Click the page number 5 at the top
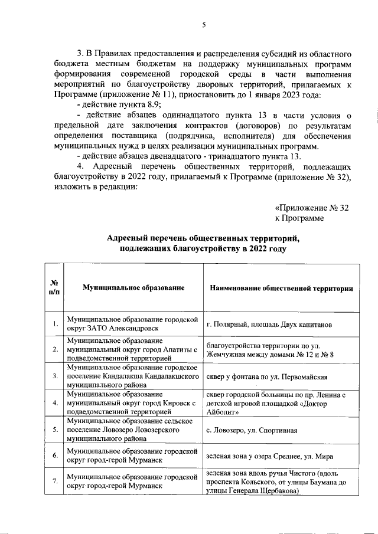coord(204,24)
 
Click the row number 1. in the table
coord(54,324)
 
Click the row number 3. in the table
coord(54,376)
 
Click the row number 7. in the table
coord(54,481)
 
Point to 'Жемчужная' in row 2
coord(227,355)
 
